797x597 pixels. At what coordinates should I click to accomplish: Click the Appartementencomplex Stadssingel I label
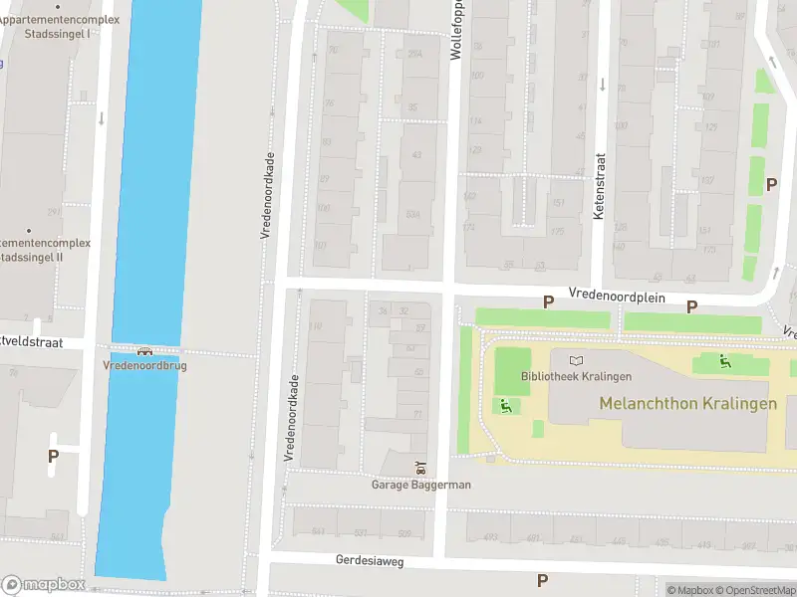point(60,26)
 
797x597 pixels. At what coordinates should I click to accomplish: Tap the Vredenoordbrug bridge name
point(144,365)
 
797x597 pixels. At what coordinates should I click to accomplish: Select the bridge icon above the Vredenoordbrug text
point(145,350)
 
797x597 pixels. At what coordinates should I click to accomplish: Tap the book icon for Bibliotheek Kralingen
point(575,360)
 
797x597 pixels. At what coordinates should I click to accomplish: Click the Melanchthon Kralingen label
point(687,404)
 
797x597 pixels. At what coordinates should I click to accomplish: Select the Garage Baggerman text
point(420,485)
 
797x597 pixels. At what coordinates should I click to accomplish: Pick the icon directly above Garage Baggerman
point(420,468)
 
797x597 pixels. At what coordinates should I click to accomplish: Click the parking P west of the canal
point(53,456)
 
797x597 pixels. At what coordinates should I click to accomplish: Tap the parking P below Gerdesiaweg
point(542,580)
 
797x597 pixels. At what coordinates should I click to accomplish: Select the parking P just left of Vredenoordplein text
point(547,301)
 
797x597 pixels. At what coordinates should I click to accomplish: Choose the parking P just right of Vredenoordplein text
point(691,306)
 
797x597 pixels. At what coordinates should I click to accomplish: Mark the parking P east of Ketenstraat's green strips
point(770,184)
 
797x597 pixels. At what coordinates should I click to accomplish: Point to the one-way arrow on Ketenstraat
point(602,85)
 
